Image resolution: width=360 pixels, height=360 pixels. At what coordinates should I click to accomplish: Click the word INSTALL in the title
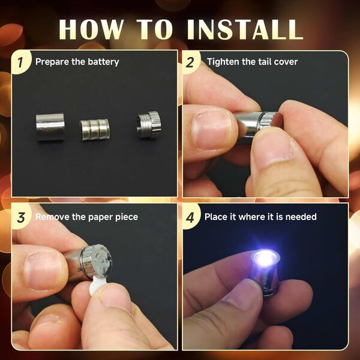(x=245, y=29)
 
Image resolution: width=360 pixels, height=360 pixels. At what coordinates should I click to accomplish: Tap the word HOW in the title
(x=91, y=29)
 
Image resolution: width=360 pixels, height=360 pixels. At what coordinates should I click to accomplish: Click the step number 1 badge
(x=21, y=62)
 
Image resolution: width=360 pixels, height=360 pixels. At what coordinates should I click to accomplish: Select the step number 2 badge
(x=191, y=62)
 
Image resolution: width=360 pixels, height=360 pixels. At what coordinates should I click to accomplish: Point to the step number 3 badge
(x=21, y=217)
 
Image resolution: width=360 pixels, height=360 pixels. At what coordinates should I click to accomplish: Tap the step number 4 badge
(x=191, y=217)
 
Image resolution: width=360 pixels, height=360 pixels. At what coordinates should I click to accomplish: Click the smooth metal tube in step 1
(x=50, y=127)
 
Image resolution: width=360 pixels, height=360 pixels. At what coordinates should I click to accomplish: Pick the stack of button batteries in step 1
(x=95, y=130)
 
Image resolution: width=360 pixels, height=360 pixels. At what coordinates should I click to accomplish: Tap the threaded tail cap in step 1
(x=148, y=125)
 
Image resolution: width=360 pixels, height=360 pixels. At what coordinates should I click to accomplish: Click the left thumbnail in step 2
(x=211, y=130)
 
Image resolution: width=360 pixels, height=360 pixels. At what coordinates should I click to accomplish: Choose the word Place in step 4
(x=216, y=217)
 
